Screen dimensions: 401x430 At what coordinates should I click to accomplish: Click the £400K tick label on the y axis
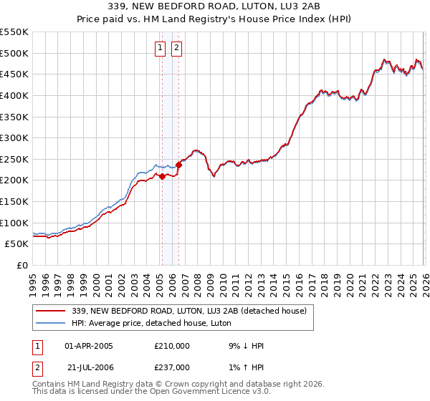coord(14,95)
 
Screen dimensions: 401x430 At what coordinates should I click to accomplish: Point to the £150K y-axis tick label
coord(14,201)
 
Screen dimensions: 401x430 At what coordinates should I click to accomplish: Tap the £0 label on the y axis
coord(21,265)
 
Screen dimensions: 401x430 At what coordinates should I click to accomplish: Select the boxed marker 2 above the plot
coord(176,49)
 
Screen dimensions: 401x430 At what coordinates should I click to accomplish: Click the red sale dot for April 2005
coord(162,176)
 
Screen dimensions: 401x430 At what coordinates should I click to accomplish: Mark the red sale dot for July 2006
coord(178,165)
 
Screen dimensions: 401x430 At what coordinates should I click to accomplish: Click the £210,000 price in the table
coord(172,346)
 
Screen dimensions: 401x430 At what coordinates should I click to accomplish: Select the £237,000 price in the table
coord(172,367)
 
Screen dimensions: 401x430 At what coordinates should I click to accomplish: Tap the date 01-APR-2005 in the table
coord(89,346)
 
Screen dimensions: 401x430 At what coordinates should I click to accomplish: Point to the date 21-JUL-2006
coord(89,367)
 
